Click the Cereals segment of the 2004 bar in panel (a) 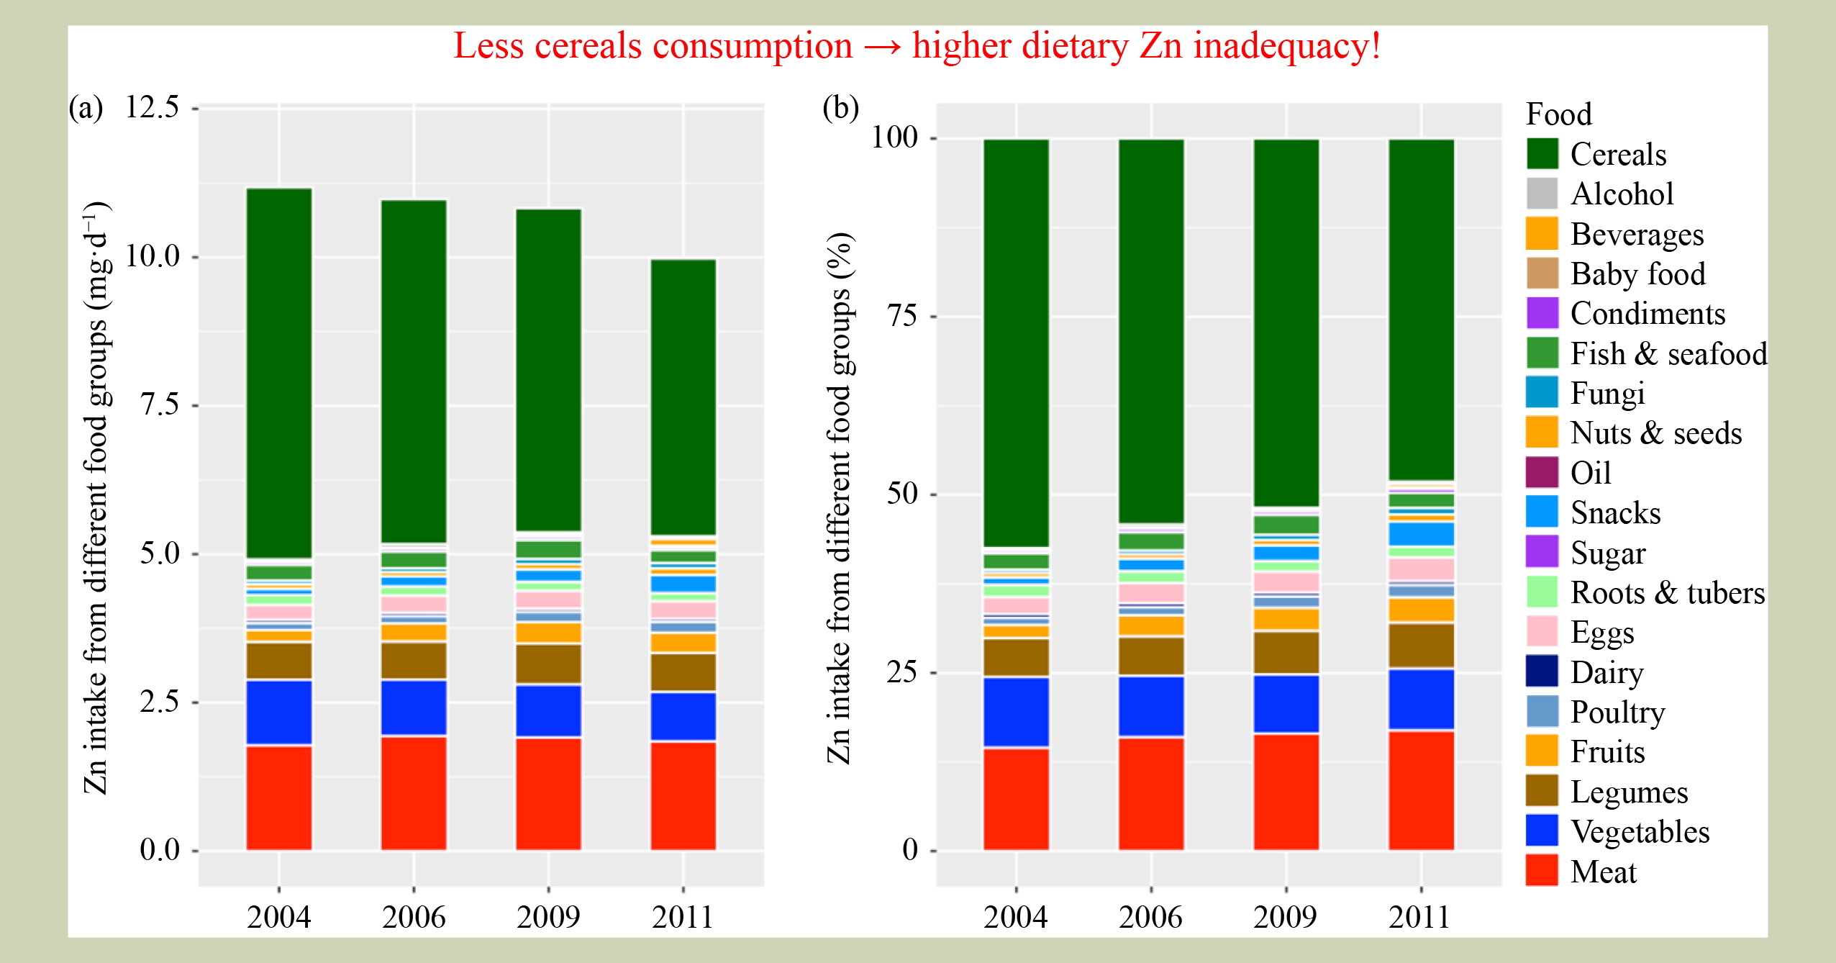pyautogui.click(x=279, y=373)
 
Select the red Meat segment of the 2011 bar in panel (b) pyautogui.click(x=1421, y=790)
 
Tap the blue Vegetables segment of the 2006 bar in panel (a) pyautogui.click(x=414, y=707)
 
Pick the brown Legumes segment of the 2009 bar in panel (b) pyautogui.click(x=1286, y=653)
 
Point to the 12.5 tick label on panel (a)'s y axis pyautogui.click(x=153, y=107)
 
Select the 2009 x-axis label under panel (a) pyautogui.click(x=548, y=917)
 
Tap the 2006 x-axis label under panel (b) pyautogui.click(x=1150, y=917)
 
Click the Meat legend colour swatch pyautogui.click(x=1542, y=870)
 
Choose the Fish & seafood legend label pyautogui.click(x=1668, y=353)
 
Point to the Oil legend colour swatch pyautogui.click(x=1542, y=472)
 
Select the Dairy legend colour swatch pyautogui.click(x=1542, y=671)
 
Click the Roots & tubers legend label pyautogui.click(x=1668, y=592)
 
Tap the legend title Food pyautogui.click(x=1559, y=114)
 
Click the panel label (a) pyautogui.click(x=86, y=108)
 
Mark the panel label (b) pyautogui.click(x=840, y=108)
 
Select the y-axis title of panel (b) pyautogui.click(x=839, y=497)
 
